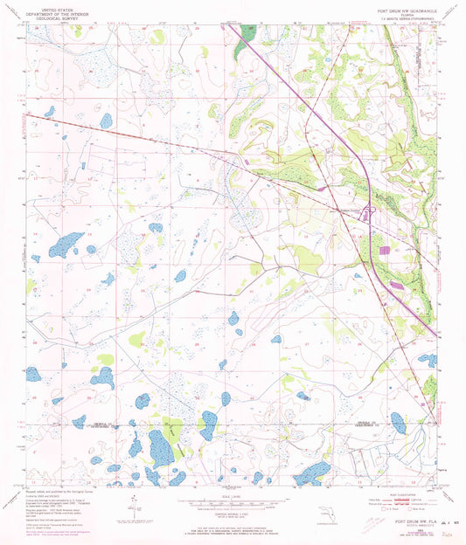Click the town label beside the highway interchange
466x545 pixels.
click(x=350, y=207)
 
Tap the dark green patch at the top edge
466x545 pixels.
click(x=246, y=34)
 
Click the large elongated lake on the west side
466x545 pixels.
click(x=67, y=245)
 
